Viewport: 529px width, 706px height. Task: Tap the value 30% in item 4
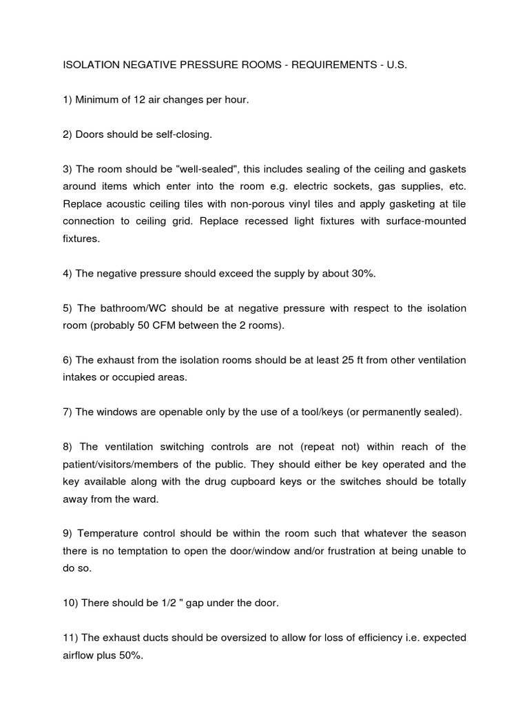[x=361, y=274]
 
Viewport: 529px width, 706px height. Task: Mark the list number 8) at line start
[x=68, y=447]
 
